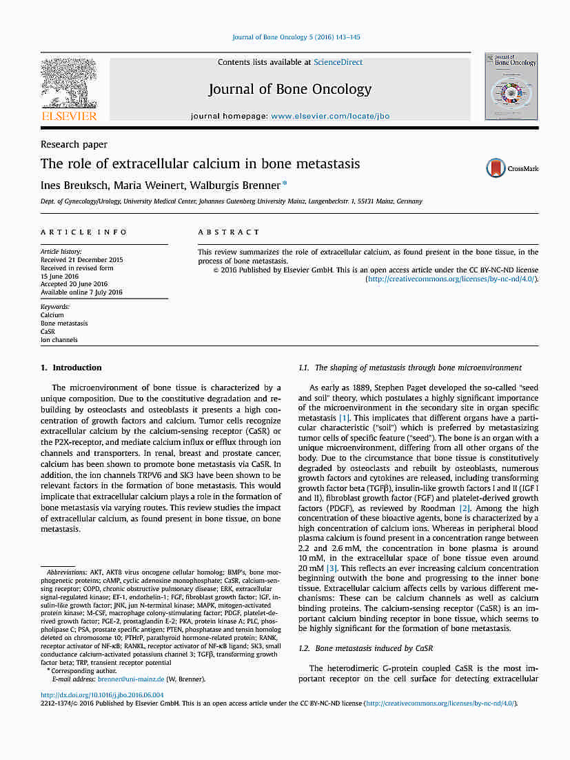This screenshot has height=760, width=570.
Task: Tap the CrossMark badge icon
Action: click(x=496, y=168)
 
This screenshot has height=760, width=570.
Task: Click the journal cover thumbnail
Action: click(x=511, y=86)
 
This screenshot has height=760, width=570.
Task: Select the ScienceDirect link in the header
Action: click(x=338, y=62)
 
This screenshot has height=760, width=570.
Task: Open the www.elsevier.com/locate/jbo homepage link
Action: click(x=330, y=116)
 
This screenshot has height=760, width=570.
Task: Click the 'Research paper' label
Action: click(x=74, y=144)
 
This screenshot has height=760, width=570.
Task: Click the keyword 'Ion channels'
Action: click(x=59, y=339)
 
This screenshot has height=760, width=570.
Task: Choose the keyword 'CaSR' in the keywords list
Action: click(x=48, y=331)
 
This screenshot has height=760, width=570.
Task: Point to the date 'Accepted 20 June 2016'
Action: click(x=74, y=283)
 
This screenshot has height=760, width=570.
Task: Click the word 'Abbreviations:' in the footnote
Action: click(x=67, y=572)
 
